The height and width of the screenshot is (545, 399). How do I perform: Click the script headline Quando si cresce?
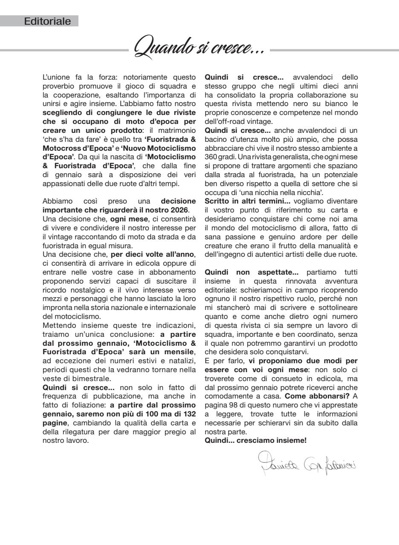coord(199,52)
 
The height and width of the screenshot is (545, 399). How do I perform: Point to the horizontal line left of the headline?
coord(64,50)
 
